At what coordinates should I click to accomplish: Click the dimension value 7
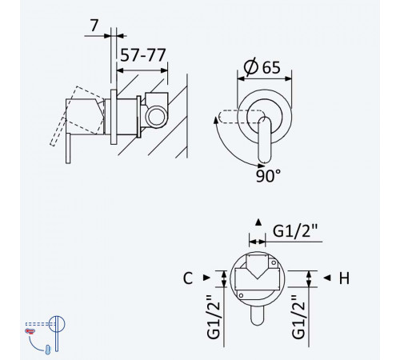point(94,26)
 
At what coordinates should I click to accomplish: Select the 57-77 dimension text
point(143,55)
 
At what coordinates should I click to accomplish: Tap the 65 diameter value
point(271,67)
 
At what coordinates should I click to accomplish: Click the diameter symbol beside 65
point(251,66)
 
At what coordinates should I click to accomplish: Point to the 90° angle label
point(269,176)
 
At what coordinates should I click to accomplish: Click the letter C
point(188,278)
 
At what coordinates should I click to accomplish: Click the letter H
point(344,278)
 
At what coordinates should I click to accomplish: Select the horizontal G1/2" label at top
point(295,231)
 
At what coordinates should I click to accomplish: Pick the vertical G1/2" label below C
point(214,317)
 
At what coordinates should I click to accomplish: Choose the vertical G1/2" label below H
point(298,317)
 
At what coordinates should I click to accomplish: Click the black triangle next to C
point(206,278)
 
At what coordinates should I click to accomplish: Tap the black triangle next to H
point(327,278)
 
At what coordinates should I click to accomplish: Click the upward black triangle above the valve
point(258,222)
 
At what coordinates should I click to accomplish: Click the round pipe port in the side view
point(157,117)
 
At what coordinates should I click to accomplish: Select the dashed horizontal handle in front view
point(241,117)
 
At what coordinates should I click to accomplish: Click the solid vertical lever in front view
point(265,140)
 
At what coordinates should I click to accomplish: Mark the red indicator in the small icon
point(30,331)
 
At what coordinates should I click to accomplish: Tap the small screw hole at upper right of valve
point(274,263)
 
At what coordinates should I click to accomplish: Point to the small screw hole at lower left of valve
point(241,295)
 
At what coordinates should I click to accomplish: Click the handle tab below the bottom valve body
point(258,315)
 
